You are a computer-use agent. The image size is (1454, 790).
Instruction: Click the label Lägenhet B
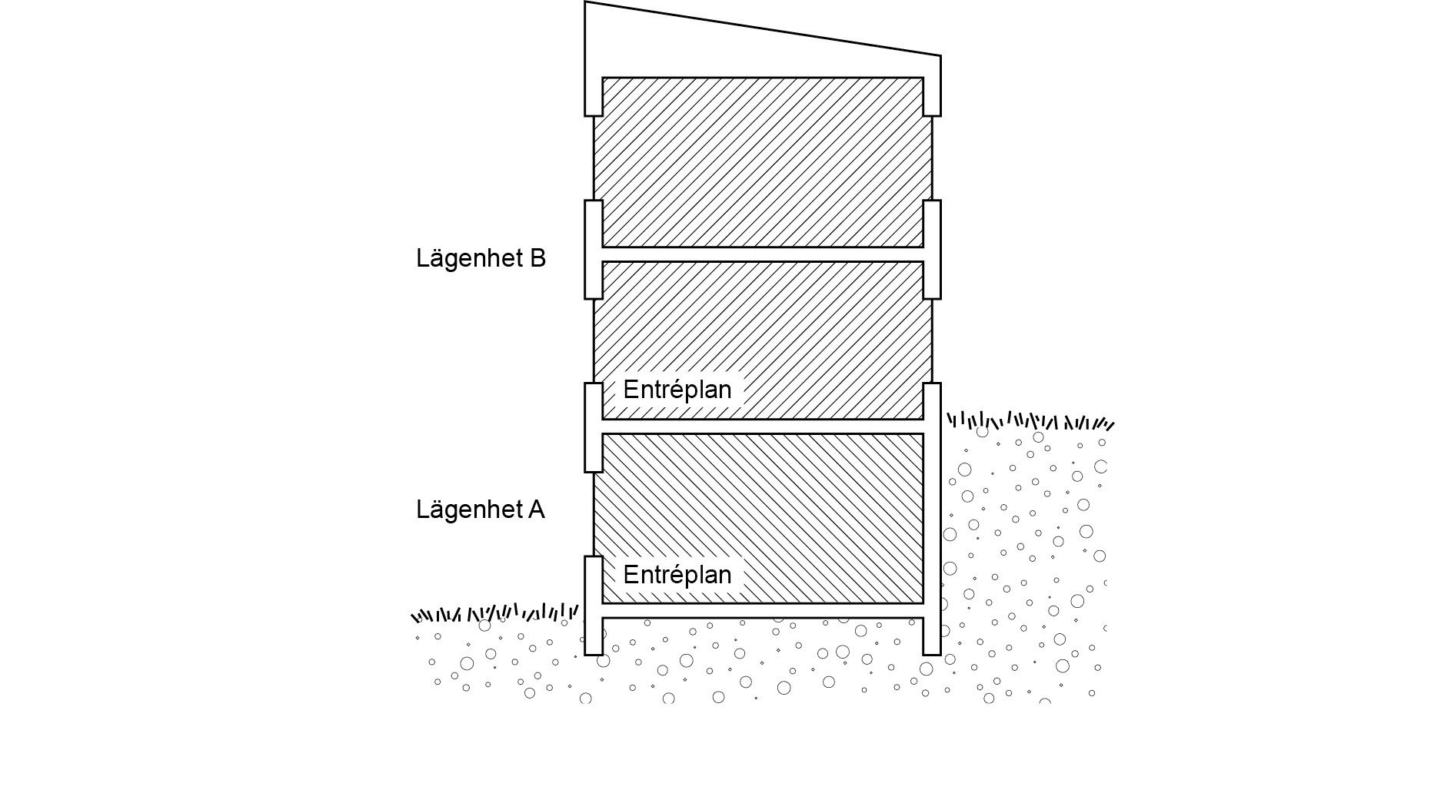pos(481,258)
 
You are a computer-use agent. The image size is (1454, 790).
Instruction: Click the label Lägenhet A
pos(480,510)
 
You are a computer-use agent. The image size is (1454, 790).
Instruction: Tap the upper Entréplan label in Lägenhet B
pos(677,390)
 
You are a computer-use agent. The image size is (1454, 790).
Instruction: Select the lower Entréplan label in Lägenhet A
pos(677,575)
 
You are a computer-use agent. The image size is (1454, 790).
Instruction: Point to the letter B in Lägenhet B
pos(537,258)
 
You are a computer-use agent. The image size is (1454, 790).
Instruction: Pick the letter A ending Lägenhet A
pos(536,510)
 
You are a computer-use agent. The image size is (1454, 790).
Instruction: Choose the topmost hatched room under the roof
pos(762,161)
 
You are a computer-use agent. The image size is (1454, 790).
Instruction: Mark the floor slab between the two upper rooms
pos(762,254)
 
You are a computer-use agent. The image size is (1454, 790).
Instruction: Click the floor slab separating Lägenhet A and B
pos(762,427)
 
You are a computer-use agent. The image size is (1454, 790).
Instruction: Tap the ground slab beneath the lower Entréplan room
pos(762,610)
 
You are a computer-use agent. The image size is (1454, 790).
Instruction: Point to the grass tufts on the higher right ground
pos(1030,420)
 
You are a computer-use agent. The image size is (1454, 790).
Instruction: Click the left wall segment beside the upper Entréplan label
pos(593,427)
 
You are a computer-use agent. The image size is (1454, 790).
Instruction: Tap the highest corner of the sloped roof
pos(586,3)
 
